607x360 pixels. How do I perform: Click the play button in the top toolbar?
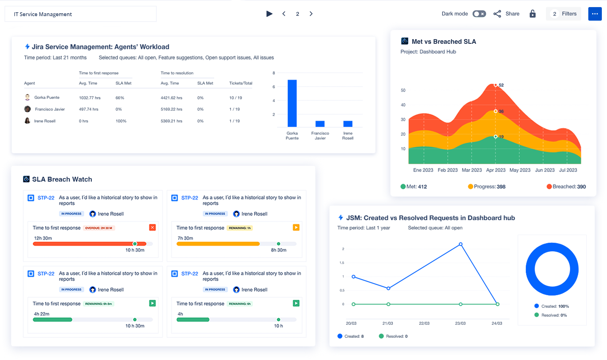269,14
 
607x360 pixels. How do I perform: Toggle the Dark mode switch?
479,14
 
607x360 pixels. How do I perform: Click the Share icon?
497,14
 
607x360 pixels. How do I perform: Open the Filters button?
563,14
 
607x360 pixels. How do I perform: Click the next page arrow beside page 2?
311,14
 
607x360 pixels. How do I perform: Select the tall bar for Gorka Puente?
292,103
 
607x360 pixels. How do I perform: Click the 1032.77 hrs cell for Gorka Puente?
90,98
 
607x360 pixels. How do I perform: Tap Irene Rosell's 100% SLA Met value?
121,121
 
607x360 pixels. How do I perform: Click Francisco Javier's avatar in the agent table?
27,109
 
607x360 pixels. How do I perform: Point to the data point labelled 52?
495,85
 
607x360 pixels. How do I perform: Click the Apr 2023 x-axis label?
495,170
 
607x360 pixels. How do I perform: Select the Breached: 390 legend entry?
566,186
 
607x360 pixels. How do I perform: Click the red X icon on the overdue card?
152,227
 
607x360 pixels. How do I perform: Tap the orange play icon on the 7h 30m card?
296,227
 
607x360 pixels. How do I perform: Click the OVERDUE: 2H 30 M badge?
99,228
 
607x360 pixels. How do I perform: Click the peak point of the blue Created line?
461,244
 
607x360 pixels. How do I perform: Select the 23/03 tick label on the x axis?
460,323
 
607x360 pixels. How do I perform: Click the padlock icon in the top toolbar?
533,14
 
